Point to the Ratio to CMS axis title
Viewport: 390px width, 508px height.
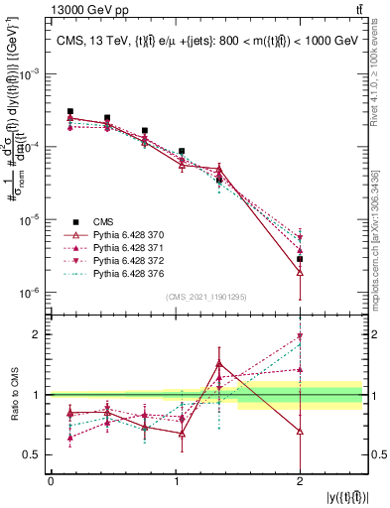[13, 395]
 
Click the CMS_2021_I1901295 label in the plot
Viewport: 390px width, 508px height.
[206, 297]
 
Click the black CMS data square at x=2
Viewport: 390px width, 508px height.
[300, 258]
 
